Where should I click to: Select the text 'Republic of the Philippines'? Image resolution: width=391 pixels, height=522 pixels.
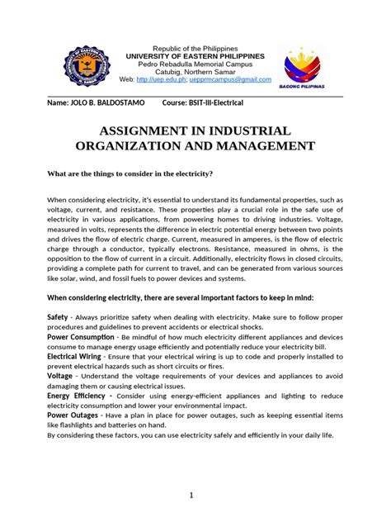point(195,49)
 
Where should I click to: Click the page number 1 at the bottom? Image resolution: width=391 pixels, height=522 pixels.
point(191,496)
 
